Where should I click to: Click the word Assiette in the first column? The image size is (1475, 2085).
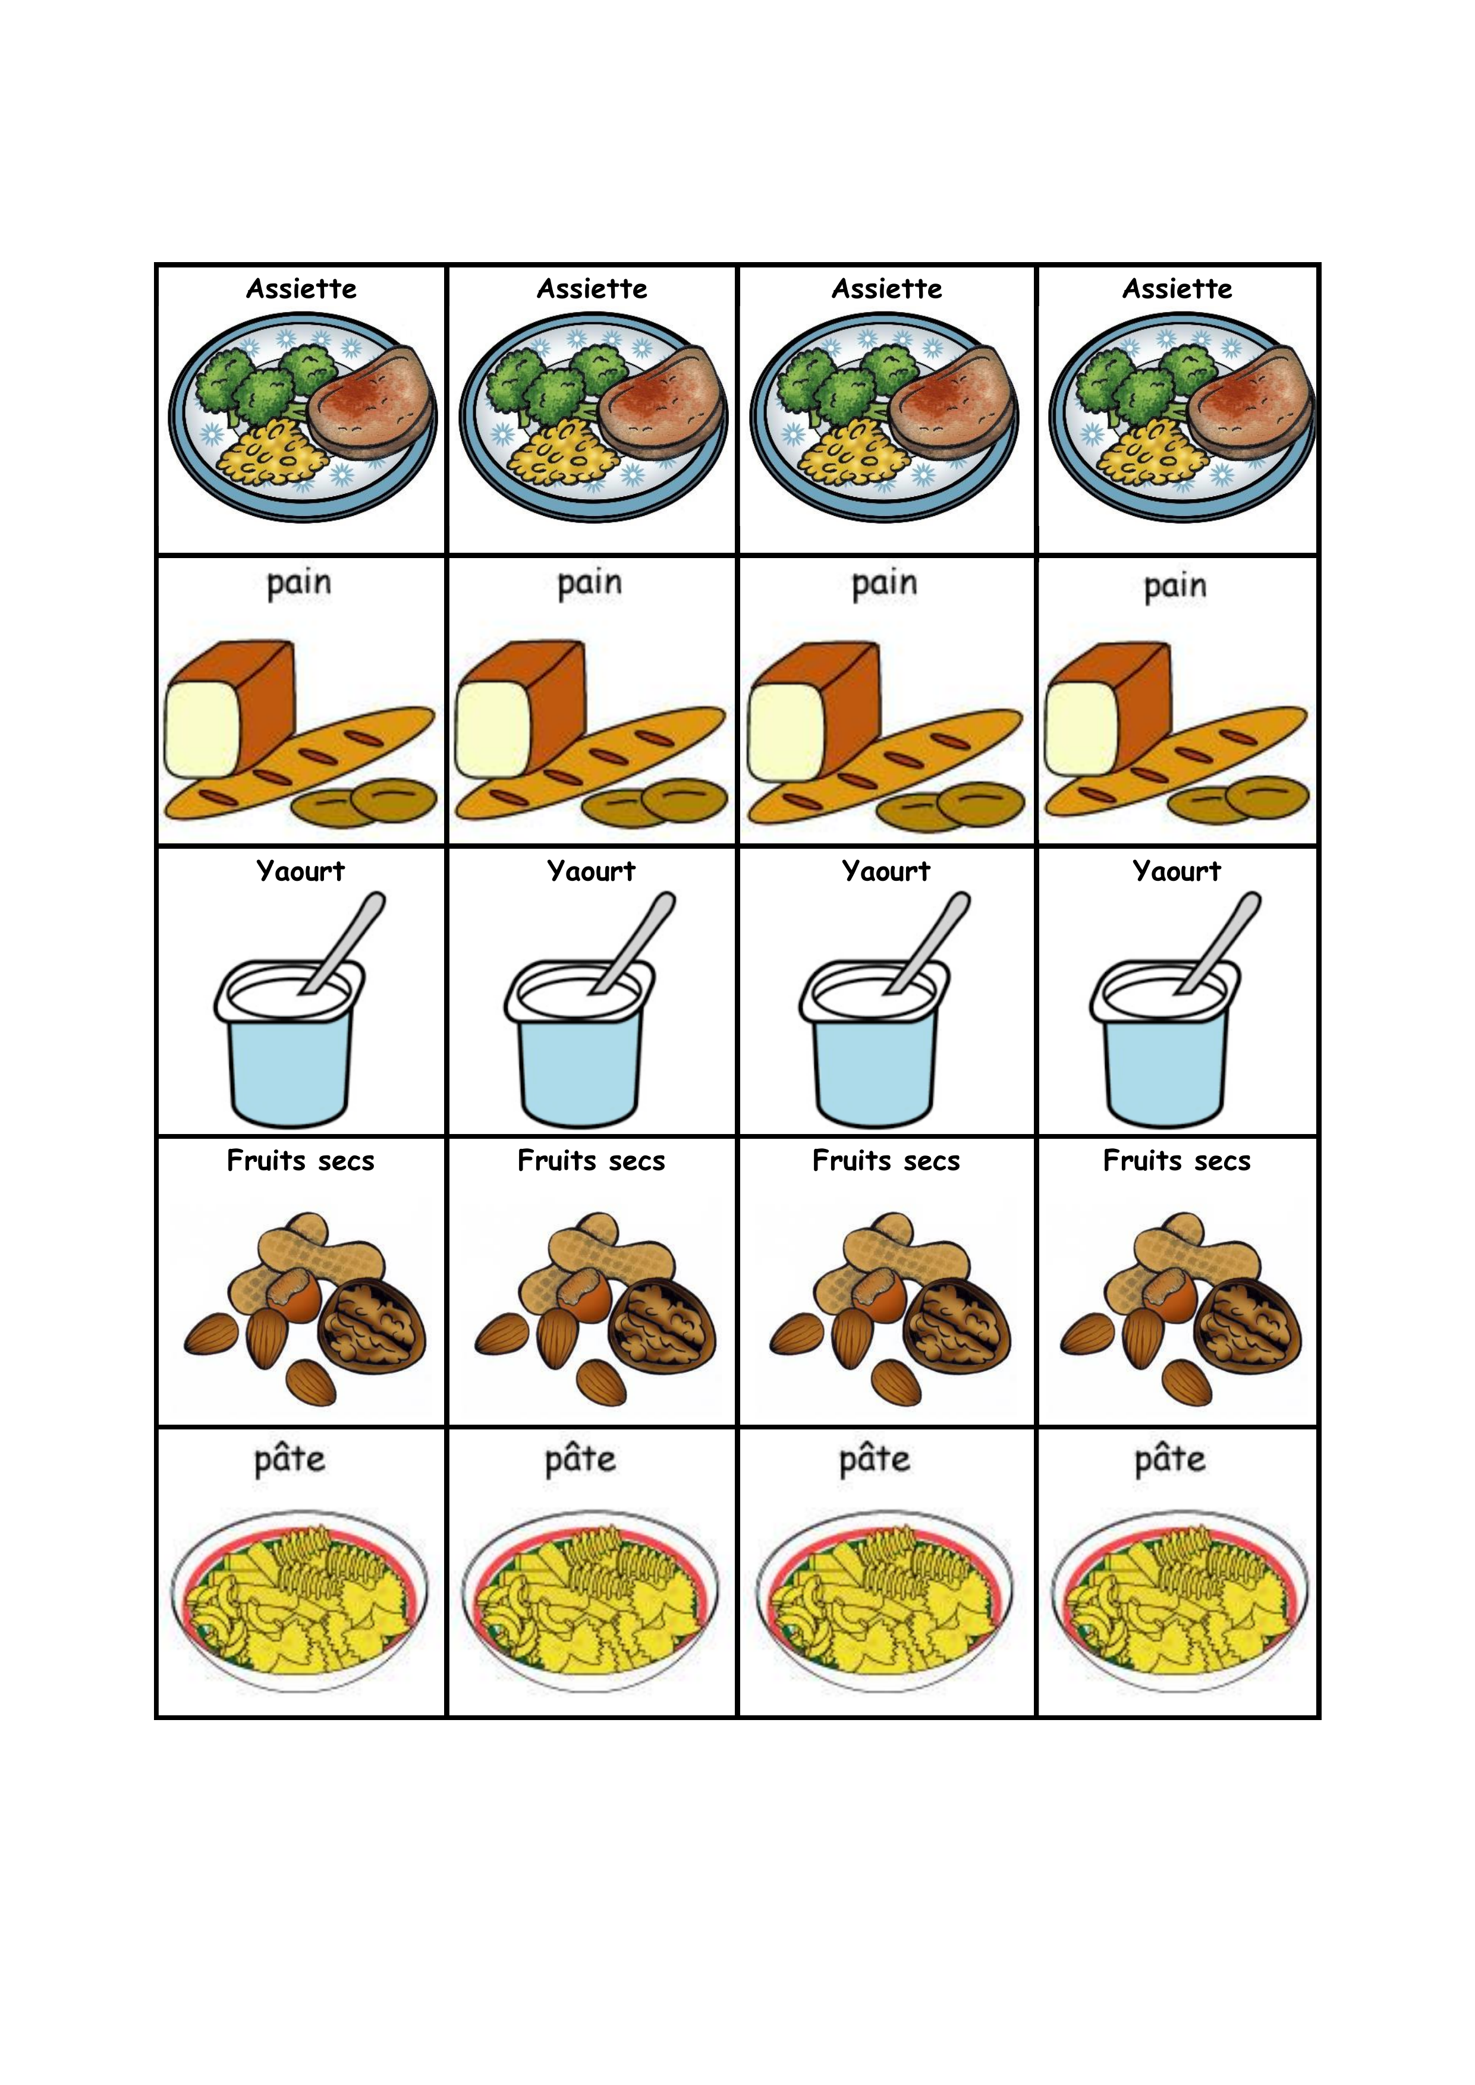pos(301,289)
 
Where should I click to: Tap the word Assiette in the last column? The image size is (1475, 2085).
pos(1177,289)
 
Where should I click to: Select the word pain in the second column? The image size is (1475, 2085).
pos(589,583)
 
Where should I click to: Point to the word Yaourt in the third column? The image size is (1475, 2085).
pos(886,871)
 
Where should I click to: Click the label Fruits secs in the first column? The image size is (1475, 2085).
pos(301,1161)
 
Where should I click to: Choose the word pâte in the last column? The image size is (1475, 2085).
pos(1170,1459)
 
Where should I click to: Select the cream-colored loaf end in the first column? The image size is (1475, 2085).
pos(202,730)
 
